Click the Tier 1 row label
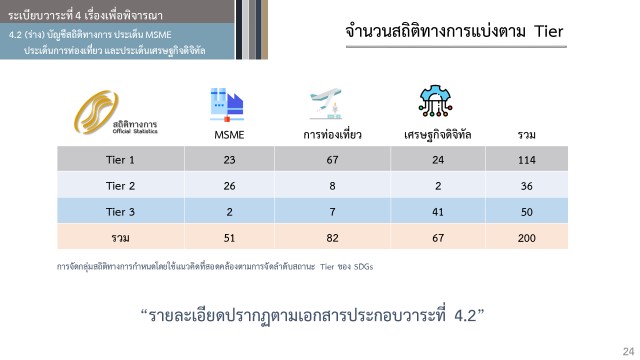pyautogui.click(x=120, y=160)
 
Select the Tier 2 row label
pyautogui.click(x=120, y=186)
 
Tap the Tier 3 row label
pyautogui.click(x=120, y=212)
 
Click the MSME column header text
pyautogui.click(x=229, y=135)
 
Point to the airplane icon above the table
pyautogui.click(x=325, y=104)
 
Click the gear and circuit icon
pyautogui.click(x=436, y=101)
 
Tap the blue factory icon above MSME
pyautogui.click(x=227, y=104)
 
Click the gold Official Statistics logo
pyautogui.click(x=115, y=113)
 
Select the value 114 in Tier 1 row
pyautogui.click(x=527, y=160)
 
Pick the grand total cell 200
pyautogui.click(x=527, y=238)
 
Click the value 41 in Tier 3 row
pyautogui.click(x=438, y=212)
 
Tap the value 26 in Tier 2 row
pyautogui.click(x=229, y=186)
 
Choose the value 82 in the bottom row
pyautogui.click(x=332, y=238)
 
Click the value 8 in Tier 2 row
pyautogui.click(x=332, y=186)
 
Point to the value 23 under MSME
pyautogui.click(x=229, y=160)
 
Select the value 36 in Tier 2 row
pyautogui.click(x=527, y=186)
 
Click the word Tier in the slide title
pyautogui.click(x=549, y=31)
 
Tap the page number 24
pyautogui.click(x=629, y=351)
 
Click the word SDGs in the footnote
pyautogui.click(x=363, y=267)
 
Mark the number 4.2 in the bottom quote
pyautogui.click(x=465, y=316)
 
